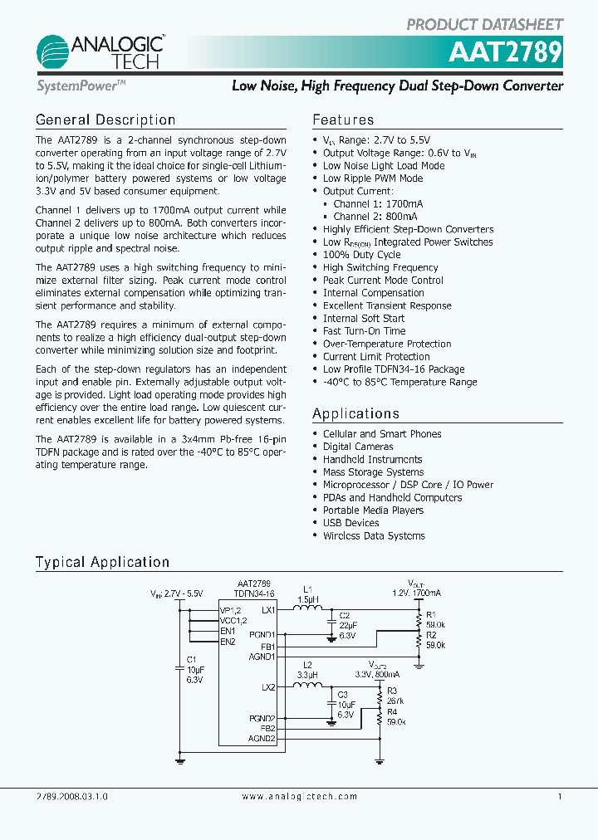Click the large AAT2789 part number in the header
[x=506, y=52]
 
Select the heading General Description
[x=105, y=120]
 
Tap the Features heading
[x=343, y=120]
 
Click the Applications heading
[x=355, y=413]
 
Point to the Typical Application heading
[x=102, y=563]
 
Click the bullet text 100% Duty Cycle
[x=361, y=255]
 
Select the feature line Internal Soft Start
[x=364, y=318]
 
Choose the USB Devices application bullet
[x=350, y=523]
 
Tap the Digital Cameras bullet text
[x=358, y=447]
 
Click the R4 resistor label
[x=392, y=712]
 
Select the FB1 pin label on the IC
[x=267, y=646]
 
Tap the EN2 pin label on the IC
[x=228, y=642]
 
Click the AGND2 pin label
[x=262, y=738]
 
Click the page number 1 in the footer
[x=560, y=796]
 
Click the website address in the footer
[x=299, y=796]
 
